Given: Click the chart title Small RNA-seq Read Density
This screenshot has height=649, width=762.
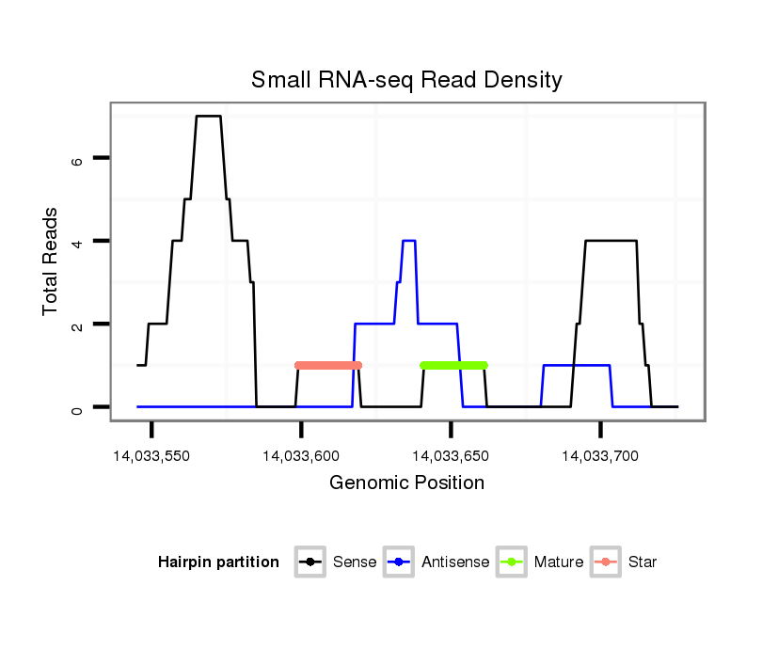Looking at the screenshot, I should click(x=406, y=80).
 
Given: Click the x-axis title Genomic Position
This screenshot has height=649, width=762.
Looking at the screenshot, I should click(x=406, y=483).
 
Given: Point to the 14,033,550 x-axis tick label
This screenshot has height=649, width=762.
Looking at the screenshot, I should click(x=151, y=456).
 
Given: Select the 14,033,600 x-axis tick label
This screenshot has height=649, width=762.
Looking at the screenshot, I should click(x=301, y=456).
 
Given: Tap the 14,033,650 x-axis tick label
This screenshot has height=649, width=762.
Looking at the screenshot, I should click(x=451, y=456).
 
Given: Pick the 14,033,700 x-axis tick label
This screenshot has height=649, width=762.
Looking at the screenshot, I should click(x=600, y=456).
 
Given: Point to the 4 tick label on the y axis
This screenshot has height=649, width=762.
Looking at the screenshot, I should click(x=78, y=241).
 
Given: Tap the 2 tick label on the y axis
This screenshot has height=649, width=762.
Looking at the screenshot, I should click(x=78, y=324).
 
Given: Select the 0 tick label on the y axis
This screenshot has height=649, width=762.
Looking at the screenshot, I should click(x=78, y=407).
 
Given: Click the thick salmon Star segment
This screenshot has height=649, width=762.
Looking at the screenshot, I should click(x=328, y=365).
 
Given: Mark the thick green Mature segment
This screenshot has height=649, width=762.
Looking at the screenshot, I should click(x=454, y=365).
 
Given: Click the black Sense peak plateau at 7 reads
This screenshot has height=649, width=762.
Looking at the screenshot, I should click(x=208, y=116).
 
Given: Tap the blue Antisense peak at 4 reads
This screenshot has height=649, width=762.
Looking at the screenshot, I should click(x=408, y=241).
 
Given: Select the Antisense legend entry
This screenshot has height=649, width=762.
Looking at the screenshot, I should click(x=438, y=562).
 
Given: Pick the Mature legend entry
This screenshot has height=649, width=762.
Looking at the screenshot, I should click(x=541, y=562).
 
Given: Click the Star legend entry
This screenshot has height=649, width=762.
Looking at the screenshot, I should click(x=625, y=562).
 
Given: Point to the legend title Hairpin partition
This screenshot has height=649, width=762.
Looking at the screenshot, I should click(x=218, y=562).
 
